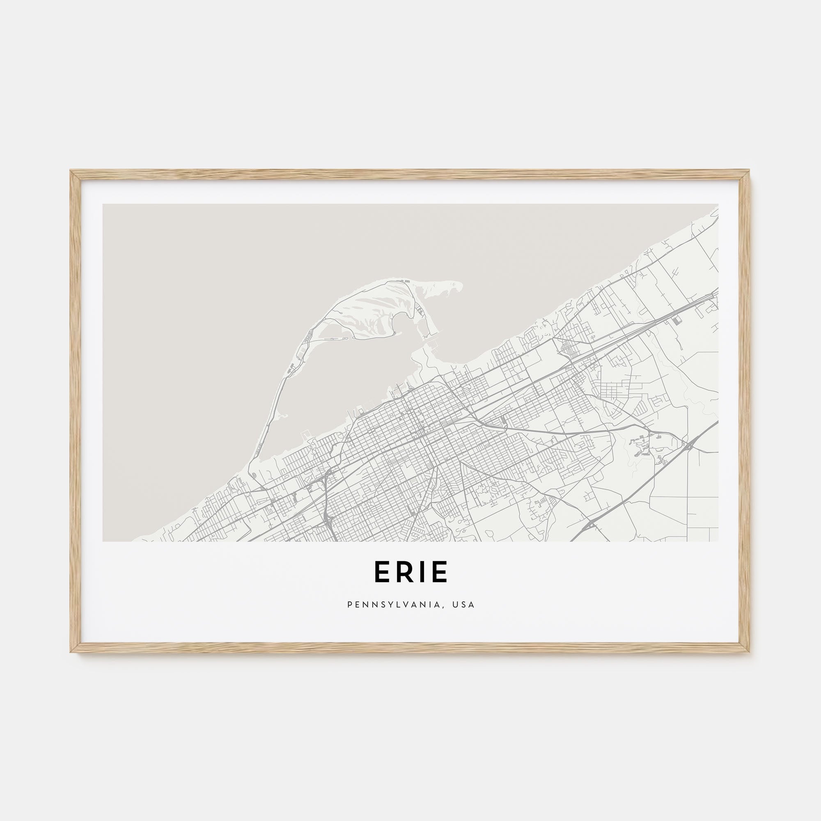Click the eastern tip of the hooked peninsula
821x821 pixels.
(x=461, y=285)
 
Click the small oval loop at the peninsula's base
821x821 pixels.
(x=254, y=475)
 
